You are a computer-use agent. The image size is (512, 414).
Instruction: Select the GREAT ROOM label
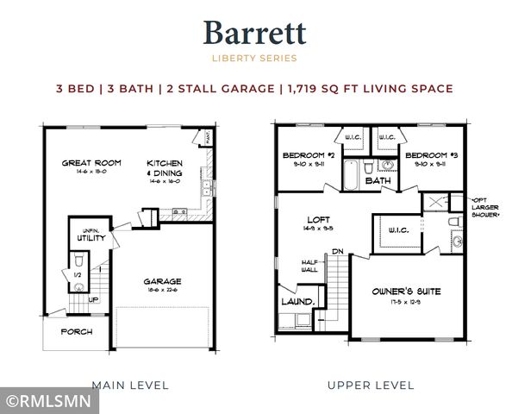pos(91,162)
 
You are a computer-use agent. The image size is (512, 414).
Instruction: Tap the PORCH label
pos(76,331)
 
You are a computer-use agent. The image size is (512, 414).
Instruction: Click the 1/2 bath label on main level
pos(78,275)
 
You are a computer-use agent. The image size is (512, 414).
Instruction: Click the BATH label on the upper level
pos(377,181)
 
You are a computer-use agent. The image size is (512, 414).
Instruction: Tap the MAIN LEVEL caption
pos(129,385)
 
